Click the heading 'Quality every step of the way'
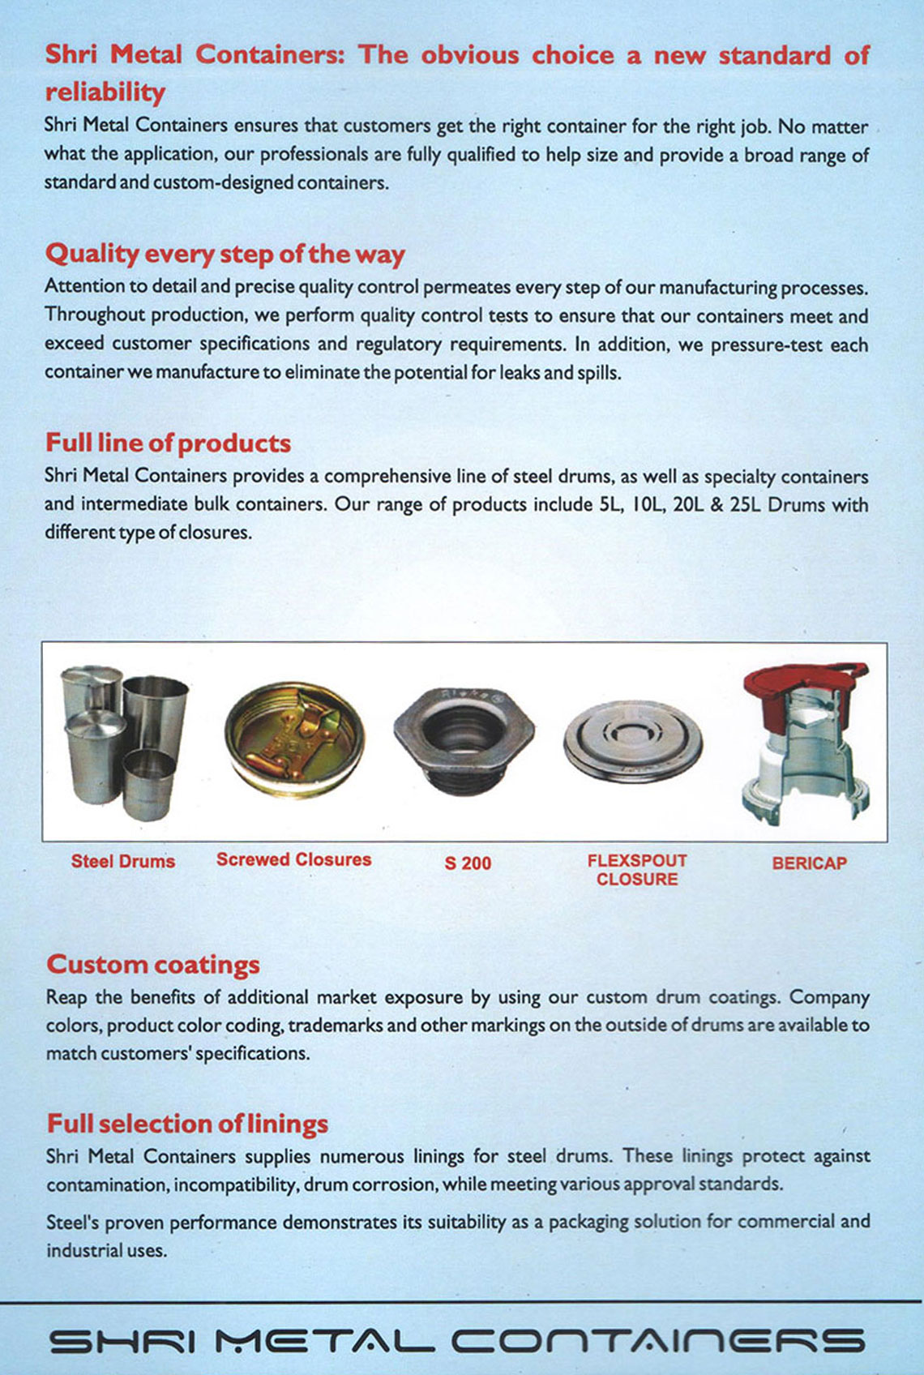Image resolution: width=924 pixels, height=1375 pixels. pyautogui.click(x=225, y=255)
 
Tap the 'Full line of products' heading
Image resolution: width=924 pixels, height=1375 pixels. pyautogui.click(x=168, y=443)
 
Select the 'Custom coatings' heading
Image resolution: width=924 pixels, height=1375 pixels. pyautogui.click(x=153, y=965)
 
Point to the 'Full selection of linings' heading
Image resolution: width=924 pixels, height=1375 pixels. pyautogui.click(x=187, y=1124)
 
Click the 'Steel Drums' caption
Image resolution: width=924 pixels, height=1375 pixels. pyautogui.click(x=123, y=862)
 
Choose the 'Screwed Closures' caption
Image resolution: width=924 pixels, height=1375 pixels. pyautogui.click(x=293, y=860)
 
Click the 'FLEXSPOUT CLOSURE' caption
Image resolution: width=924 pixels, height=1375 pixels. pyautogui.click(x=637, y=870)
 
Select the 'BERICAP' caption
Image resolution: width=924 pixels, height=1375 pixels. pyautogui.click(x=809, y=863)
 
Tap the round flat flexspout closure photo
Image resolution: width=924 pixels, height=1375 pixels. pyautogui.click(x=633, y=743)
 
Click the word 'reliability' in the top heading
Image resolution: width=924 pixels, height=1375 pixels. pyautogui.click(x=105, y=92)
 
